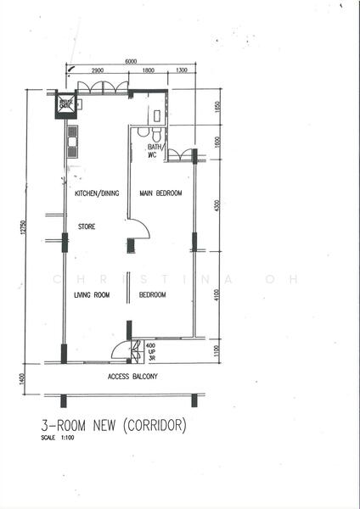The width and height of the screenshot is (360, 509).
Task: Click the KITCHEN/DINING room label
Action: pyautogui.click(x=97, y=193)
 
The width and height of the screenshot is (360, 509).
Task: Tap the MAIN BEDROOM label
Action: pyautogui.click(x=161, y=193)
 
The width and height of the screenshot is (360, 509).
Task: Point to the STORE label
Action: pyautogui.click(x=87, y=227)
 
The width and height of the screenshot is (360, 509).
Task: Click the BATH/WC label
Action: pyautogui.click(x=155, y=151)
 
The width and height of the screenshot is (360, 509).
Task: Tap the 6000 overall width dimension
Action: pyautogui.click(x=130, y=61)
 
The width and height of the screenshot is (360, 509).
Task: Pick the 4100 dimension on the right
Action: pyautogui.click(x=217, y=294)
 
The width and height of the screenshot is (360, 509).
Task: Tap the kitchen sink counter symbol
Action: pyautogui.click(x=73, y=141)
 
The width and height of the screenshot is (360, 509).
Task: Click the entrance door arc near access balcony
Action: pyautogui.click(x=121, y=350)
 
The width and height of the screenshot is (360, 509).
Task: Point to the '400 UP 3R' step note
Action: pyautogui.click(x=150, y=352)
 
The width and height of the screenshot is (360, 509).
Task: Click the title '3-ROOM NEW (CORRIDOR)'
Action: pyautogui.click(x=113, y=424)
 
